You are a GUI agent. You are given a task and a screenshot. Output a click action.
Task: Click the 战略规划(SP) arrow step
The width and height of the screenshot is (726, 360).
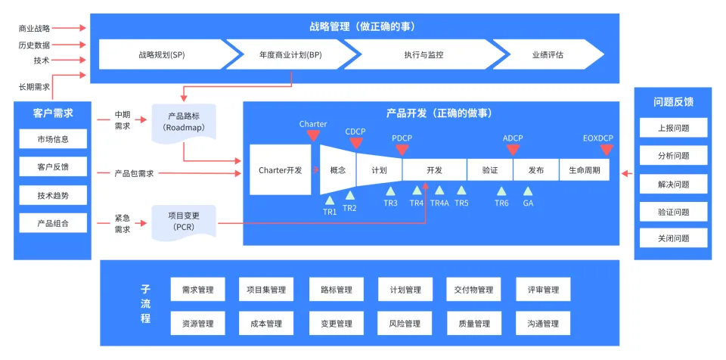161,55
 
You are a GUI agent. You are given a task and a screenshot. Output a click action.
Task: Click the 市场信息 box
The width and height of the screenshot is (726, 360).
52,139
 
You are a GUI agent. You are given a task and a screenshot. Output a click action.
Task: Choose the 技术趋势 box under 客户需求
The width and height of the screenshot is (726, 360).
52,195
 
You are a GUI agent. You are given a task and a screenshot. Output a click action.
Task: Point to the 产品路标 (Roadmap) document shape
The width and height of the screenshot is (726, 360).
185,122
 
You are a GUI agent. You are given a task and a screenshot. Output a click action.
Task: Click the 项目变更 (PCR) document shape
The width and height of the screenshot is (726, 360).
185,221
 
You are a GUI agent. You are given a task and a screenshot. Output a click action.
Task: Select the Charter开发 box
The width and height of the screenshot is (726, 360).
280,170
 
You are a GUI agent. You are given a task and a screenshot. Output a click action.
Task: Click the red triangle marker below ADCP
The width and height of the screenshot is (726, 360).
513,150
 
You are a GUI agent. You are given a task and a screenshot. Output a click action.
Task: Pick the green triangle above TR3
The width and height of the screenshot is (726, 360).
390,191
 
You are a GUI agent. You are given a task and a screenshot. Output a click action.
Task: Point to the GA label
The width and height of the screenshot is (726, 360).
528,203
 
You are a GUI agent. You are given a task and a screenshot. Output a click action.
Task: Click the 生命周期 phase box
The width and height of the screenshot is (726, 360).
585,170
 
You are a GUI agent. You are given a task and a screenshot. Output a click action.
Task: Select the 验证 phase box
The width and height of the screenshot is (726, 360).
489,170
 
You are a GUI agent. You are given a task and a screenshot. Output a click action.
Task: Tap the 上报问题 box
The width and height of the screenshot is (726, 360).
674,128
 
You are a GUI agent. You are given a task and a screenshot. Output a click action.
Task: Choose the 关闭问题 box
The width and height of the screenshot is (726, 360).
674,238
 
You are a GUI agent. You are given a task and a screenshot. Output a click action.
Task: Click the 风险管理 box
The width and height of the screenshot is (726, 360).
405,324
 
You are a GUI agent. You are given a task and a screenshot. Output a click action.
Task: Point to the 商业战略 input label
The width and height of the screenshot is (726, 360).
34,28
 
